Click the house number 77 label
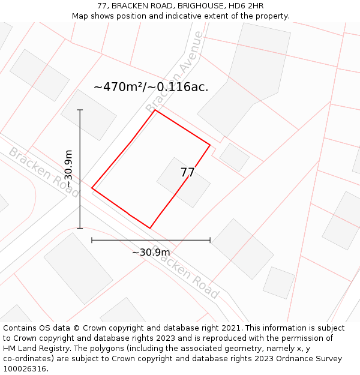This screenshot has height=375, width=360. [187, 173]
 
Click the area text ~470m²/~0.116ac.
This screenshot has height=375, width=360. [151, 87]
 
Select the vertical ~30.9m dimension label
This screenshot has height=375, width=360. [68, 169]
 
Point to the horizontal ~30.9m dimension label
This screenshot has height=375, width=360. [151, 252]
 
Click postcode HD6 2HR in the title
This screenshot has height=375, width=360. [247, 6]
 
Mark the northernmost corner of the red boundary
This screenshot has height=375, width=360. [155, 110]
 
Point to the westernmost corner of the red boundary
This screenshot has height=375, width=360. [92, 188]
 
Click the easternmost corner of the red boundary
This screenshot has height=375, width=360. [210, 145]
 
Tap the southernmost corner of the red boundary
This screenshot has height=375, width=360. [150, 228]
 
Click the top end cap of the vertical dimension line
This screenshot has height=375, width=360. [80, 110]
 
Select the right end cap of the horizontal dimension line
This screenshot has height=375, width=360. [210, 240]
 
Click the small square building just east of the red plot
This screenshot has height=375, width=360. [234, 157]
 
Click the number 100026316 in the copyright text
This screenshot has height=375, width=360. [24, 369]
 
